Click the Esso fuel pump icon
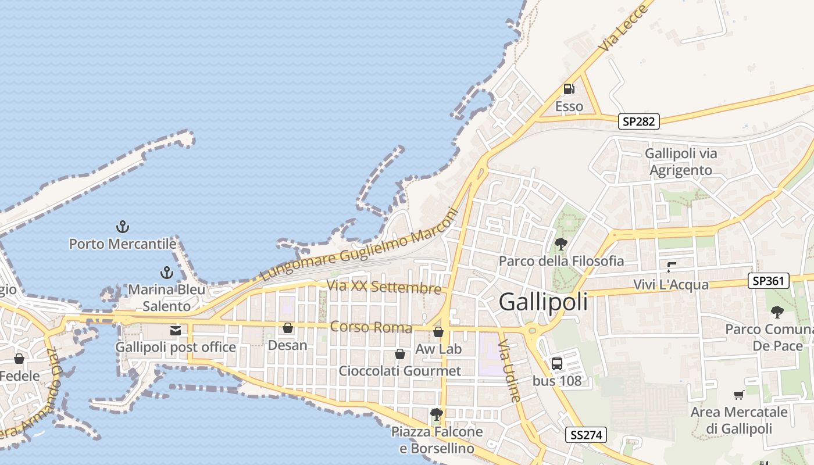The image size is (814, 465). tap(568, 89)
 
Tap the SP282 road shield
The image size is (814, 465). tap(638, 121)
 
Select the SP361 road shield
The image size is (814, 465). tap(768, 281)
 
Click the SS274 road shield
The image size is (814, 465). tap(586, 434)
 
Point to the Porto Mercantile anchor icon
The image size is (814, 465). tap(122, 227)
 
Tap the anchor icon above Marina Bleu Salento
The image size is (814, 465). tap(167, 272)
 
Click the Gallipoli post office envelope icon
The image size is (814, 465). tap(175, 331)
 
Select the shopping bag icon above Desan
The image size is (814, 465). tap(287, 328)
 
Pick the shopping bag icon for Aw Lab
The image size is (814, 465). tap(438, 332)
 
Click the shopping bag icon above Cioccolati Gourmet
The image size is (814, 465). tap(400, 354)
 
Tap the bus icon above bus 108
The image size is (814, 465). tap(556, 364)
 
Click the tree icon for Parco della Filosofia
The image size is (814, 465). tap(561, 244)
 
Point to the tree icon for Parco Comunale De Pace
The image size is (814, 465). tap(777, 312)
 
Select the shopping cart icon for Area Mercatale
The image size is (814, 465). tap(738, 395)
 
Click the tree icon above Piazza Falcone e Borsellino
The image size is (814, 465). tap(437, 414)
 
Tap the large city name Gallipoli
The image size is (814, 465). tap(543, 302)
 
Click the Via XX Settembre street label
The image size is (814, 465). tap(384, 287)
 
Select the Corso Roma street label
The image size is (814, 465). tap(371, 327)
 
